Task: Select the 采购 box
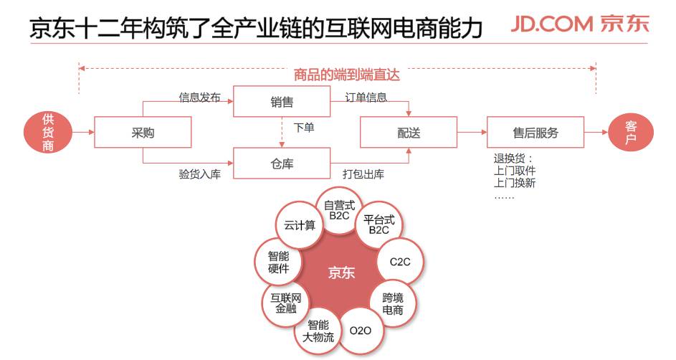click(143, 133)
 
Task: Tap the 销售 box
click(282, 102)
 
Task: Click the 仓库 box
click(282, 164)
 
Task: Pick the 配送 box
click(409, 133)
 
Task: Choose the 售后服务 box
click(535, 133)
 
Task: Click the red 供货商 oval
click(48, 132)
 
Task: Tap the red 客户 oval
click(631, 133)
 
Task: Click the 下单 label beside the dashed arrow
click(303, 128)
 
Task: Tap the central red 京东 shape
click(341, 273)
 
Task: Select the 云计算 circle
click(300, 225)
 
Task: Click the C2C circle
click(400, 262)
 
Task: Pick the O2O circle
click(360, 331)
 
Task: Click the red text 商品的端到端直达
click(346, 74)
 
